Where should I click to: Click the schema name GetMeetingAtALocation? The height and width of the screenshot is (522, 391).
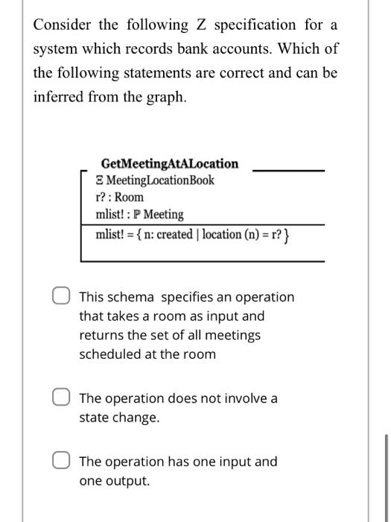[170, 163]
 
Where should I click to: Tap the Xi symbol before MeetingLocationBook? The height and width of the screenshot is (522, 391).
[100, 180]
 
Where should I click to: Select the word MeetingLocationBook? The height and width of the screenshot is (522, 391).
[160, 180]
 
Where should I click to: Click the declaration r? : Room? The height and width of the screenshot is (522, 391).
[120, 198]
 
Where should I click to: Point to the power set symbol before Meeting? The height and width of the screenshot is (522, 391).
[137, 215]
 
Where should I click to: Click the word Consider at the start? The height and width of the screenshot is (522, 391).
[60, 25]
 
